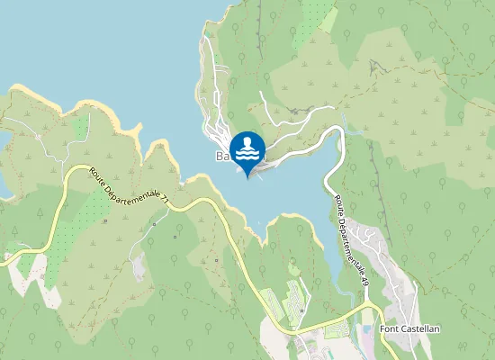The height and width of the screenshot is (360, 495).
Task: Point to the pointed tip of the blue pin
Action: [247, 177]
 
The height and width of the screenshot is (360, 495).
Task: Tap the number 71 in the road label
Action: [164, 205]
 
